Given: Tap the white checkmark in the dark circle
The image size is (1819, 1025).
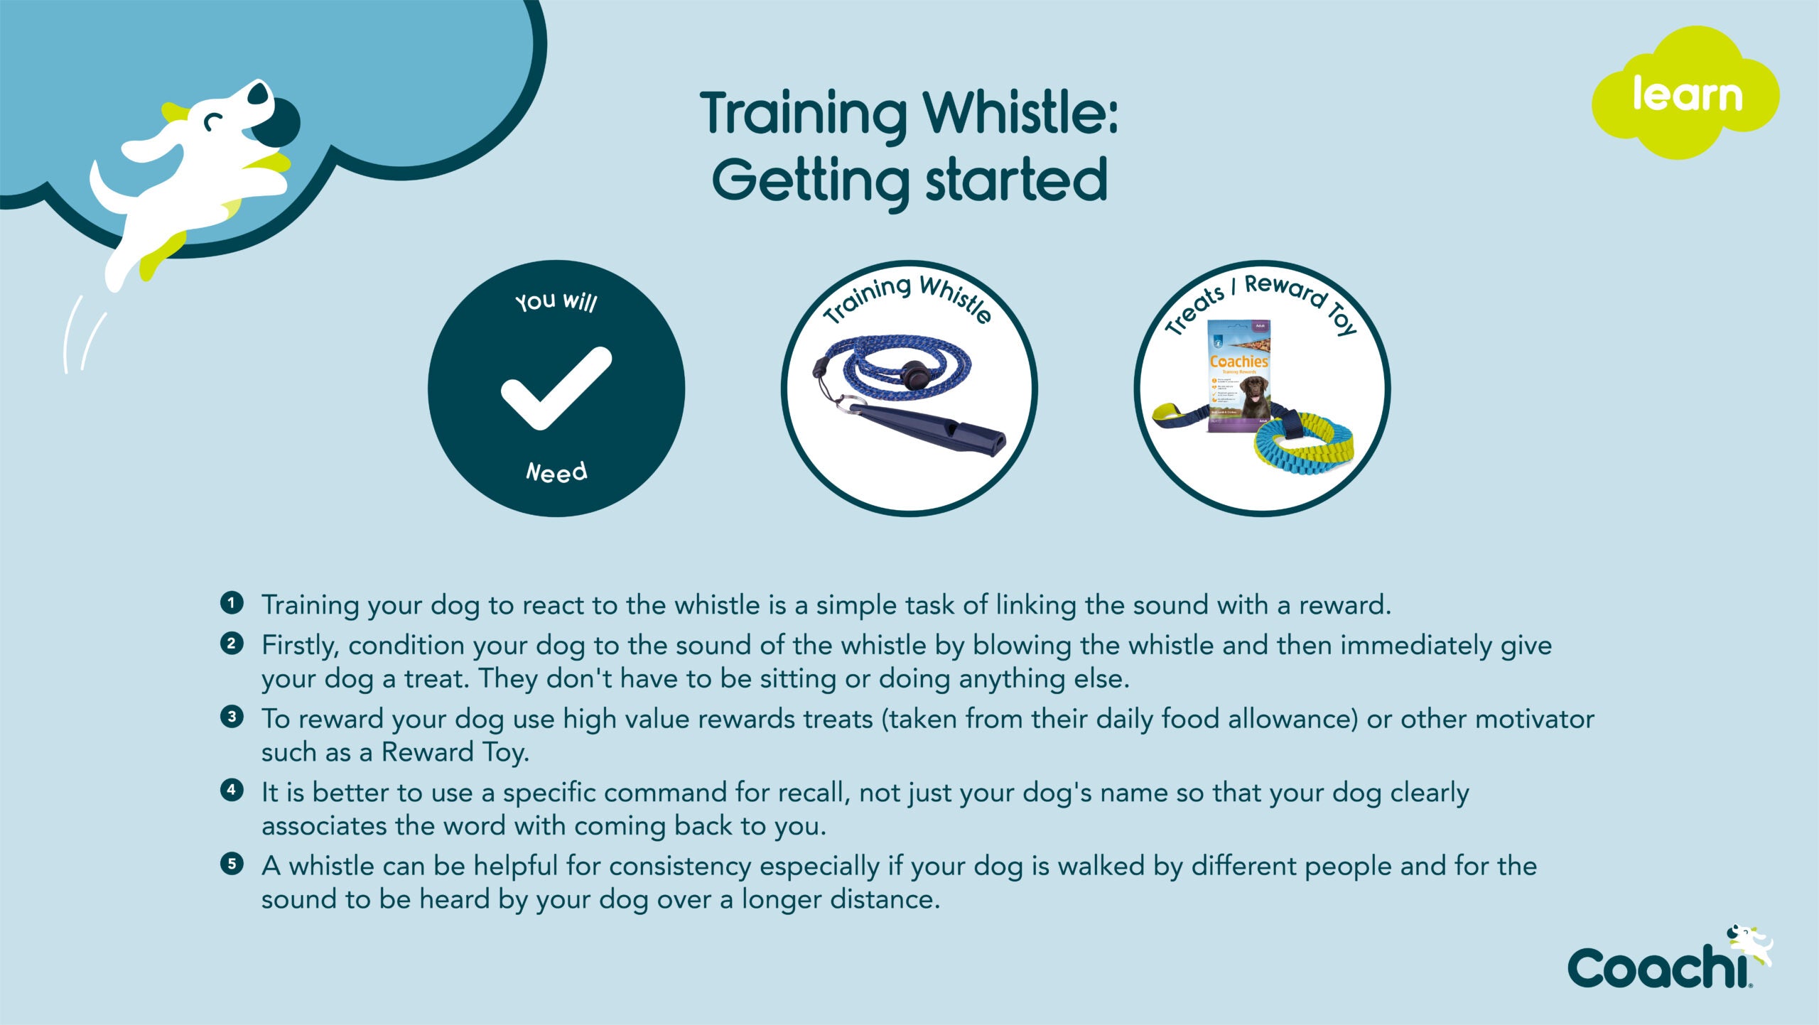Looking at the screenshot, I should point(556,388).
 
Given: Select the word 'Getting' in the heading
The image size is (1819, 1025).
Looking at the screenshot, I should point(810,180).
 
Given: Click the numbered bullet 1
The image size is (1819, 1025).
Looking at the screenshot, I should point(232,603).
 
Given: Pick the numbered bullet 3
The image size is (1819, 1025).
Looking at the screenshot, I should point(232,717).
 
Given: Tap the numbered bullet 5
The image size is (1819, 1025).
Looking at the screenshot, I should point(232,864).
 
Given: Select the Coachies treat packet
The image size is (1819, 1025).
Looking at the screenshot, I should point(1238,376).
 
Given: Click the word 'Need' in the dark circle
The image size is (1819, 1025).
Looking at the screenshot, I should point(556,472).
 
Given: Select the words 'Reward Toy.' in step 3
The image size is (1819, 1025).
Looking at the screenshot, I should point(455,752).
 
